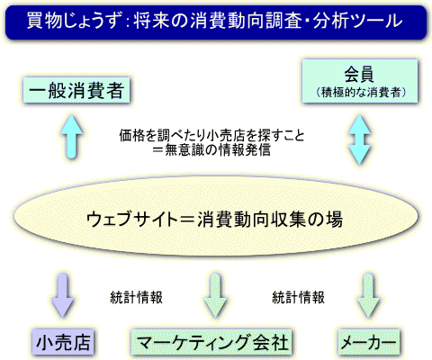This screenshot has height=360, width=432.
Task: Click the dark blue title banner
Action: (x=216, y=22)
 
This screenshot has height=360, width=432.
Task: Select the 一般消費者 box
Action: (x=76, y=90)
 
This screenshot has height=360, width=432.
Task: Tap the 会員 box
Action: (x=360, y=81)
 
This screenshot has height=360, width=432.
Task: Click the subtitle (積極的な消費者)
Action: (x=360, y=92)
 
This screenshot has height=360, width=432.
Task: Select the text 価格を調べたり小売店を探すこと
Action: (x=211, y=136)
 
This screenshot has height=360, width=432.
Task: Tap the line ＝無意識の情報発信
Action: (x=211, y=150)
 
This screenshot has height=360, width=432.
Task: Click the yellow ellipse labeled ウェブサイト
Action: (x=215, y=215)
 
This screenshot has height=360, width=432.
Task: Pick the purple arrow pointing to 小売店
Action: (x=63, y=295)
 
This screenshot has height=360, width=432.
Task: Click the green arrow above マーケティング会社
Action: (x=216, y=295)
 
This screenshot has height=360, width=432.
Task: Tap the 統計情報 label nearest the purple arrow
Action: (x=137, y=297)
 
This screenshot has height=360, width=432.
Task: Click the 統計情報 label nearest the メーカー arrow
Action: (x=298, y=297)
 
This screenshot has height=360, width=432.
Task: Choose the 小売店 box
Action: (x=63, y=342)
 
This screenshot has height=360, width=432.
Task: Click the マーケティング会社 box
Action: (x=211, y=342)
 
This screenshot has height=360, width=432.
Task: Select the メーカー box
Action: (x=369, y=342)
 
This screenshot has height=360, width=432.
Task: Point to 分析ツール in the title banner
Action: (x=357, y=21)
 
